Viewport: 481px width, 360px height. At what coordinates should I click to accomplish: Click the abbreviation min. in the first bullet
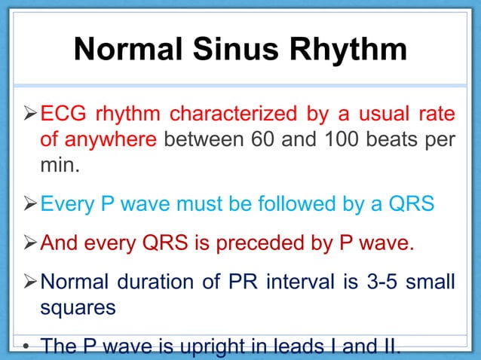click(59, 164)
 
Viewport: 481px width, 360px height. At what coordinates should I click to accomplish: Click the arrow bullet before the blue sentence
click(26, 204)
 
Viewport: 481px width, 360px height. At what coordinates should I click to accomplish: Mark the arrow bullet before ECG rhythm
click(26, 114)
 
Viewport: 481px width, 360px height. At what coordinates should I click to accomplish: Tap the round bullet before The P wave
click(25, 348)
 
